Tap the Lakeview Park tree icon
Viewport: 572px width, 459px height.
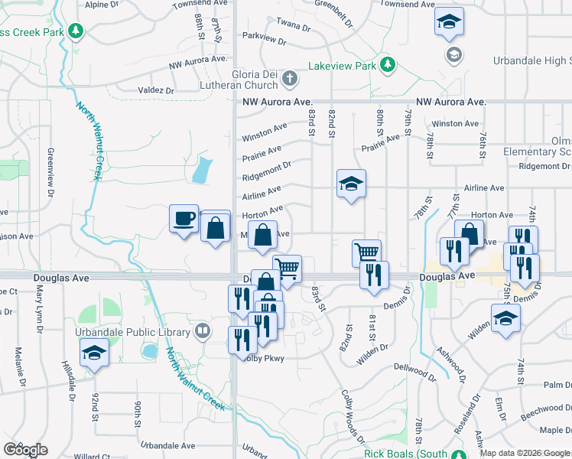[388, 64]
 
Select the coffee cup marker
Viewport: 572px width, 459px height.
[184, 219]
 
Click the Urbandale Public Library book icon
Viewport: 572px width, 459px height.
[203, 331]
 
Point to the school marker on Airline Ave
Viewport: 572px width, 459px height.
[351, 184]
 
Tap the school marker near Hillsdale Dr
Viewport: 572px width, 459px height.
[94, 352]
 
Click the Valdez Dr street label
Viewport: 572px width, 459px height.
[157, 90]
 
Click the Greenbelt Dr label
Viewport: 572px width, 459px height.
[337, 15]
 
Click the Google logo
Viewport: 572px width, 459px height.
[25, 449]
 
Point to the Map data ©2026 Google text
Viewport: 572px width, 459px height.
[525, 453]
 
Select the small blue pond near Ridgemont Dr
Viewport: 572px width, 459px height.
[200, 169]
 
